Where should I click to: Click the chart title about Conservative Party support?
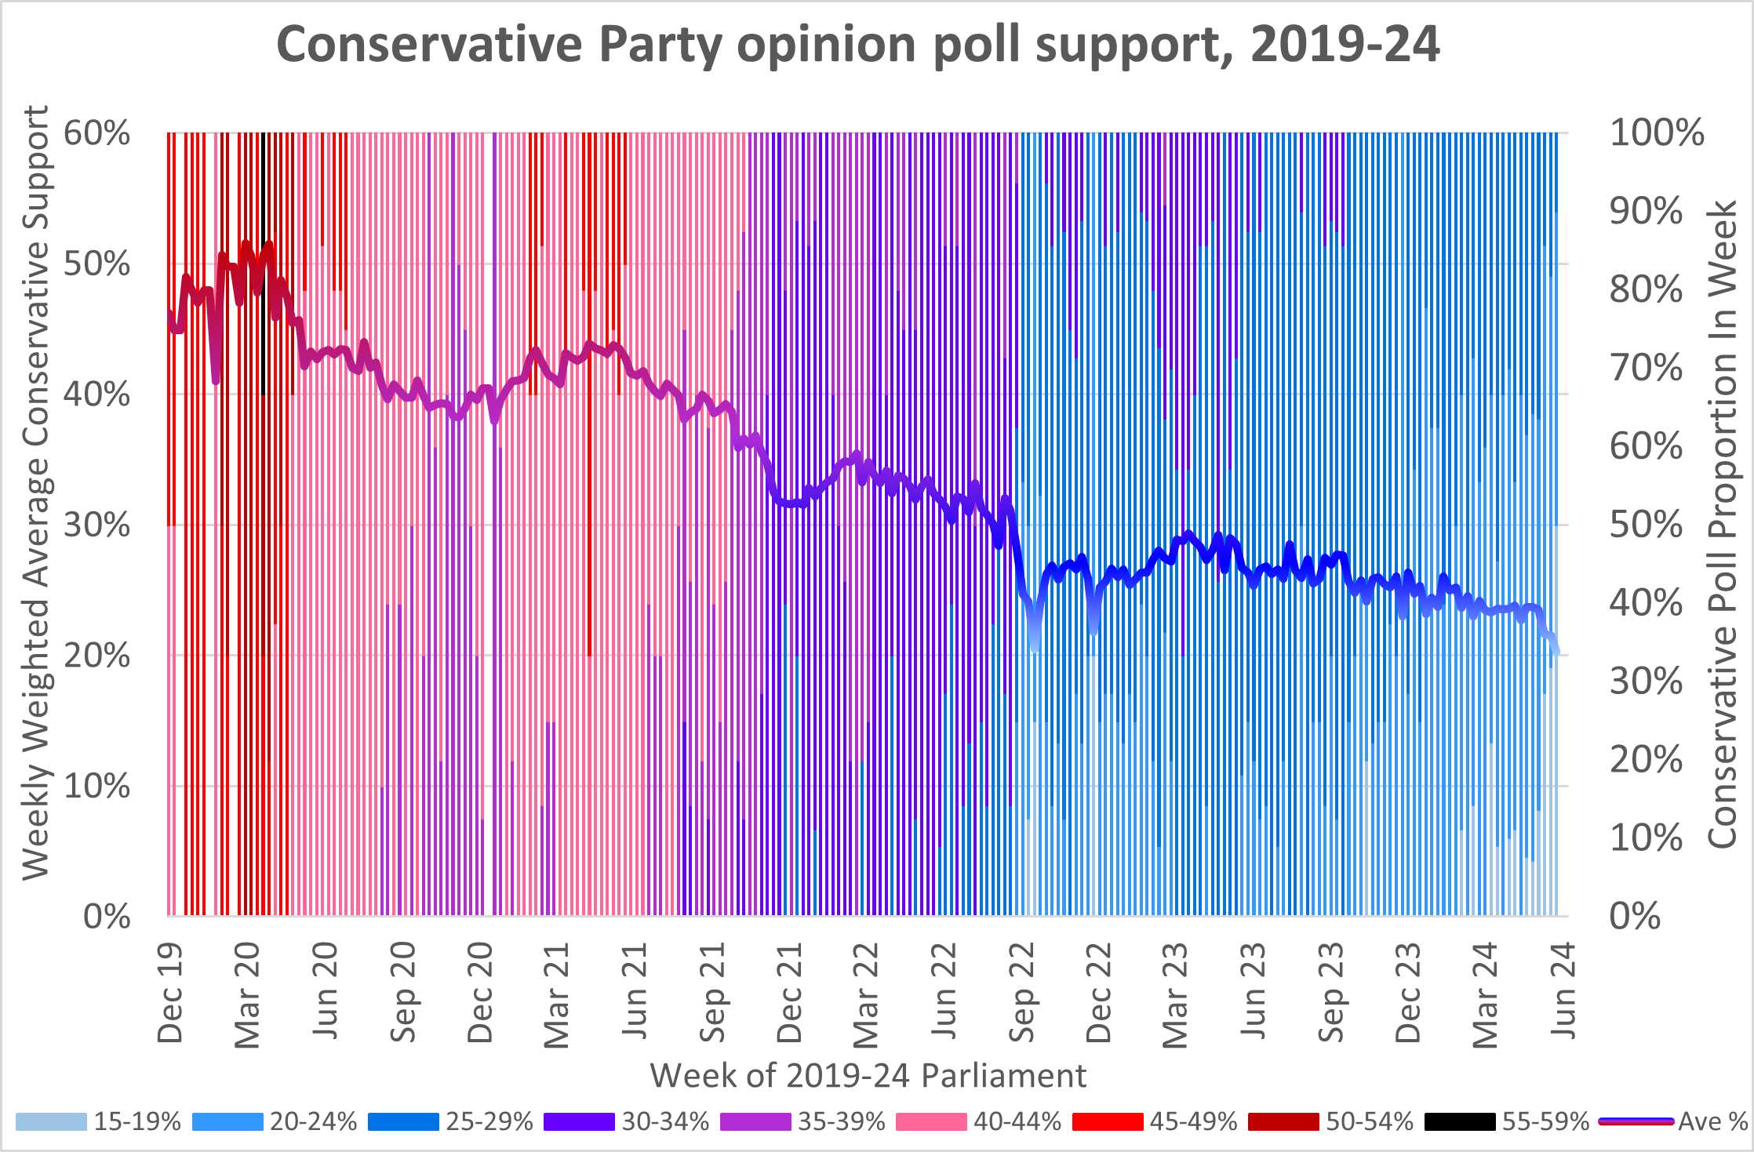tap(857, 44)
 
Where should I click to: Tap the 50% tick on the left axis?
tap(97, 263)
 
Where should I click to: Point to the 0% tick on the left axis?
tap(107, 916)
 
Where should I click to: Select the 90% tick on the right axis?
tap(1646, 211)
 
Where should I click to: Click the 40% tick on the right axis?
tap(1646, 603)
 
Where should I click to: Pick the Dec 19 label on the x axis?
tap(170, 993)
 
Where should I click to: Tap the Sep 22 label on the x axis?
tap(1022, 993)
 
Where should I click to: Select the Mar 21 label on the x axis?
tap(557, 994)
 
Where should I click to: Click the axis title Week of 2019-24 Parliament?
tap(868, 1075)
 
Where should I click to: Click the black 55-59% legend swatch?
tap(1459, 1121)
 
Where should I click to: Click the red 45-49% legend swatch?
tap(1107, 1121)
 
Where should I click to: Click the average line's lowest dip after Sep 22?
tap(1035, 648)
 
